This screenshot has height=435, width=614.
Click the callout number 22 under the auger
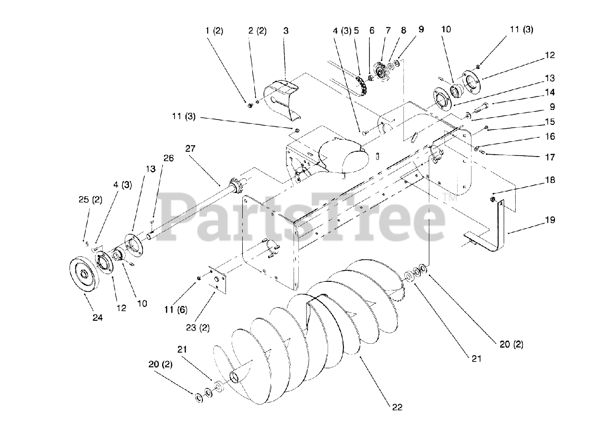(x=397, y=408)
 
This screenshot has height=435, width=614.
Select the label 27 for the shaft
(x=191, y=149)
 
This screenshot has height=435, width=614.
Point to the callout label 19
(x=550, y=220)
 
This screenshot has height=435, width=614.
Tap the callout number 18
(x=550, y=181)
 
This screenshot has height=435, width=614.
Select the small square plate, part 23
(x=217, y=279)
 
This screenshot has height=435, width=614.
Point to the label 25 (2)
(x=90, y=200)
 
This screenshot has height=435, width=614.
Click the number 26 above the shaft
(x=168, y=158)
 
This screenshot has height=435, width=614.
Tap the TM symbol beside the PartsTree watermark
(x=449, y=197)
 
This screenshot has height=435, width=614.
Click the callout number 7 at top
(x=388, y=30)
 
